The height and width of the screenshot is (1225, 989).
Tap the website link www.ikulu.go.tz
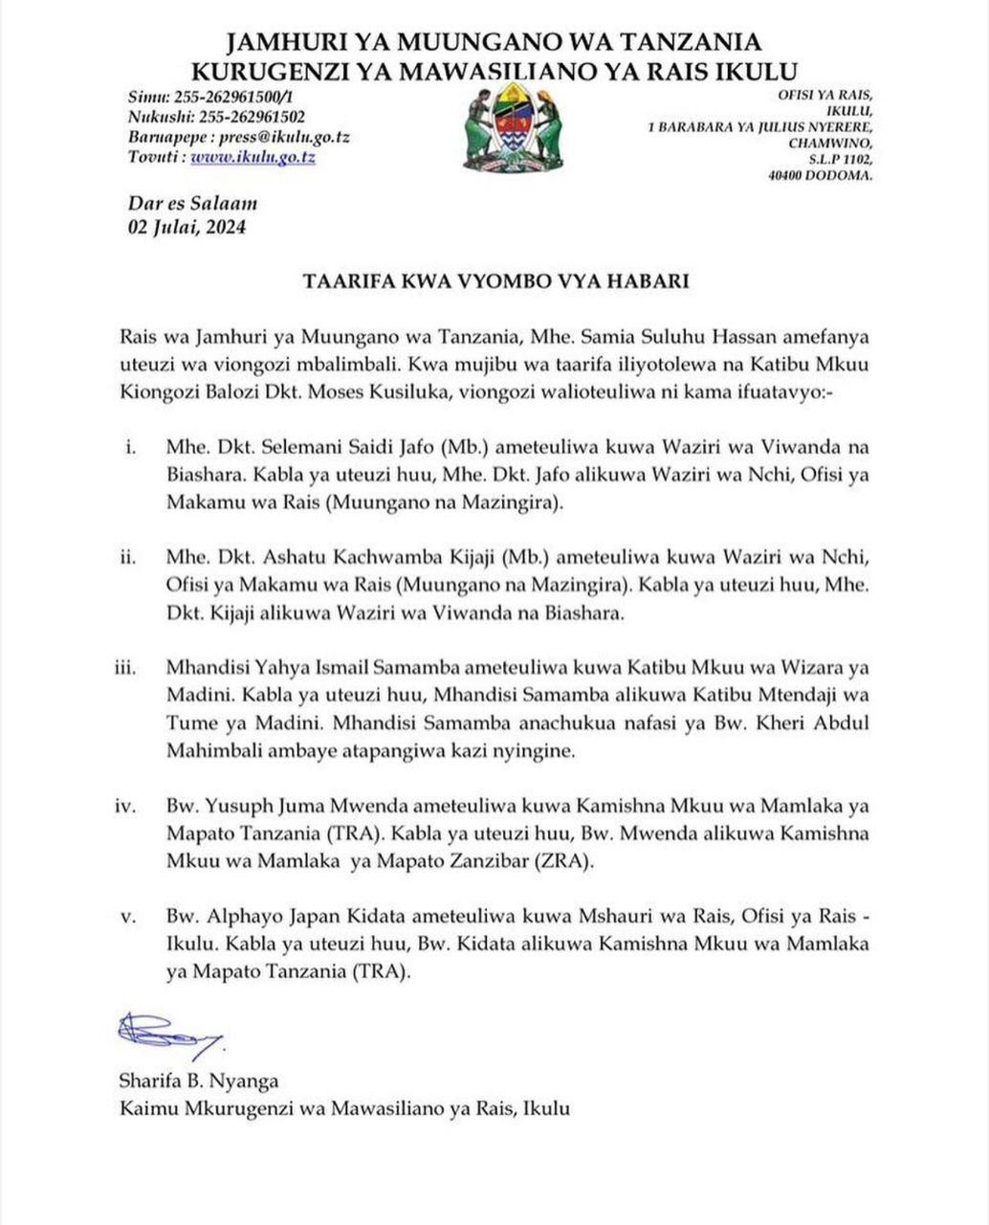253,157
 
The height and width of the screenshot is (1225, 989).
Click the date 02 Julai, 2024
187,227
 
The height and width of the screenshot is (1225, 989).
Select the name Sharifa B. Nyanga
199,1081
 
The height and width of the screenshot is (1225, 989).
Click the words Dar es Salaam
192,203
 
